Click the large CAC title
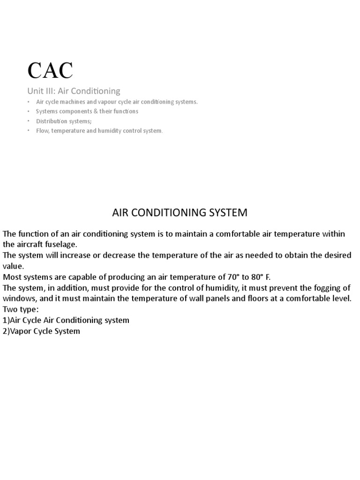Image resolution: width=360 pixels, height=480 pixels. point(50,70)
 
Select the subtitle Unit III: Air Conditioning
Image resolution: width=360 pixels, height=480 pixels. point(74,91)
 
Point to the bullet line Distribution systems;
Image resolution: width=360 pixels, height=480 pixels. point(61,121)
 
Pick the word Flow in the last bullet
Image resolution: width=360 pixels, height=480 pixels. point(42,131)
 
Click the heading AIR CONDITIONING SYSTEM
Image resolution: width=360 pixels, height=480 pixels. point(180,212)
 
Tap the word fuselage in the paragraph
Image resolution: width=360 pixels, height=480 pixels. point(60,244)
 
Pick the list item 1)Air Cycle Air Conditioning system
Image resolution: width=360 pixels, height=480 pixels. point(66,320)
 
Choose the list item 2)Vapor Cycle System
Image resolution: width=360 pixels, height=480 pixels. point(41,331)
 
